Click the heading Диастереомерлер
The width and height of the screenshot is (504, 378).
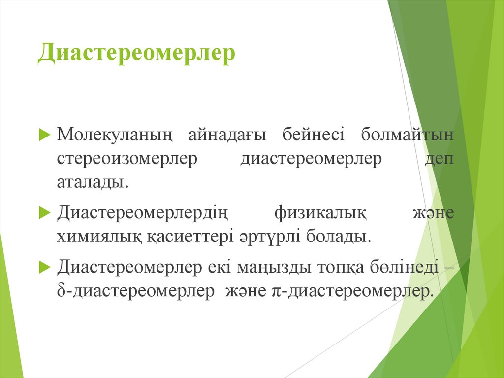tap(136, 54)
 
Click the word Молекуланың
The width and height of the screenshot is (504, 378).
tap(115, 135)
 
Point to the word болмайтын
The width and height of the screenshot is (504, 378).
tap(408, 135)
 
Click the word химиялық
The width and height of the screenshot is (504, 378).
tap(99, 237)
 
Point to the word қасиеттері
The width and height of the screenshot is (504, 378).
tap(183, 237)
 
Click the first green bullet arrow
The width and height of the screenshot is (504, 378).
tap(44, 135)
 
